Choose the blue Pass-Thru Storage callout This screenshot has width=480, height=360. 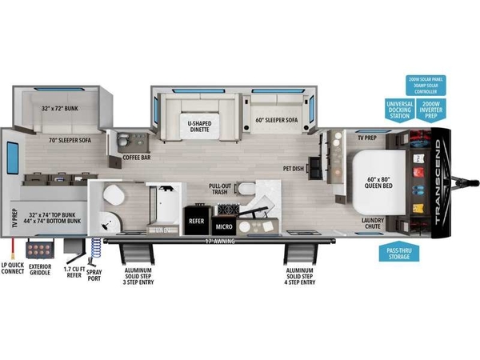pos(396,253)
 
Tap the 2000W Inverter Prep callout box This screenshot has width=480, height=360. pos(431,110)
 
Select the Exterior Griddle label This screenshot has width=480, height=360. pos(40,270)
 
